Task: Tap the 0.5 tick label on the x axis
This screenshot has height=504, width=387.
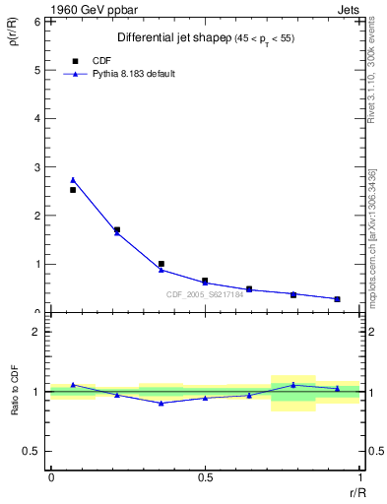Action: click(205, 477)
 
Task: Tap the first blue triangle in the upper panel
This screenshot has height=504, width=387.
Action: click(73, 180)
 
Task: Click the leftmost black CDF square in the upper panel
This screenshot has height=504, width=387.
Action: click(73, 190)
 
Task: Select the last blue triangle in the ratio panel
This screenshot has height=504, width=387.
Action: click(337, 388)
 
